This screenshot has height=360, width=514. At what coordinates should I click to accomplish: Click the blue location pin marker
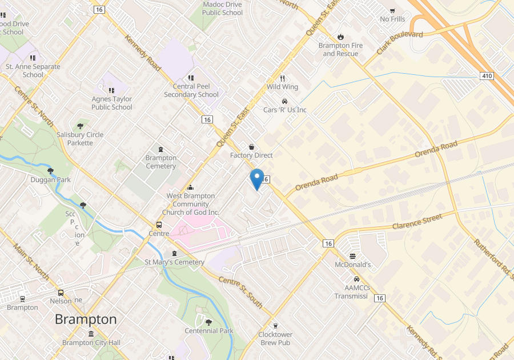pyautogui.click(x=257, y=179)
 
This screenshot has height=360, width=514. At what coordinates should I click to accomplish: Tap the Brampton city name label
pyautogui.click(x=86, y=319)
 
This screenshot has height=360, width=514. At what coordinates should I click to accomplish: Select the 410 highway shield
pyautogui.click(x=487, y=76)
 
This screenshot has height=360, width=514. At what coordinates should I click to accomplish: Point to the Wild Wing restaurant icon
pyautogui.click(x=282, y=78)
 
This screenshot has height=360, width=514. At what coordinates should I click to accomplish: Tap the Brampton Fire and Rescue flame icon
pyautogui.click(x=340, y=37)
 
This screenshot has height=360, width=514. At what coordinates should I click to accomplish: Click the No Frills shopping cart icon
pyautogui.click(x=392, y=10)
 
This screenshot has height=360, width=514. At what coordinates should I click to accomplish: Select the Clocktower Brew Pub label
pyautogui.click(x=275, y=338)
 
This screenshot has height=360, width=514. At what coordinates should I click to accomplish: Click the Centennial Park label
pyautogui.click(x=209, y=331)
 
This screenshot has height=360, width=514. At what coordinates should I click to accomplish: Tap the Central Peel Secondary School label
pyautogui.click(x=191, y=90)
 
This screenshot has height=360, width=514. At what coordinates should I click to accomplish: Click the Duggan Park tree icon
pyautogui.click(x=51, y=170)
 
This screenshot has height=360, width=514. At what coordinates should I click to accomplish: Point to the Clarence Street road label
pyautogui.click(x=417, y=222)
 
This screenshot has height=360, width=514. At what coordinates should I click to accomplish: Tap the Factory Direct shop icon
pyautogui.click(x=251, y=147)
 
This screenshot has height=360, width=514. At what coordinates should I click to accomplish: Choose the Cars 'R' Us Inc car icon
pyautogui.click(x=284, y=101)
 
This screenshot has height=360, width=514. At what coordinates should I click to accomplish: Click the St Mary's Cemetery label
pyautogui.click(x=174, y=262)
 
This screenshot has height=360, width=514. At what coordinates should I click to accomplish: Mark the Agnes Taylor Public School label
pyautogui.click(x=112, y=103)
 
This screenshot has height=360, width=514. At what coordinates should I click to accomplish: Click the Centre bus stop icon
pyautogui.click(x=159, y=225)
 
